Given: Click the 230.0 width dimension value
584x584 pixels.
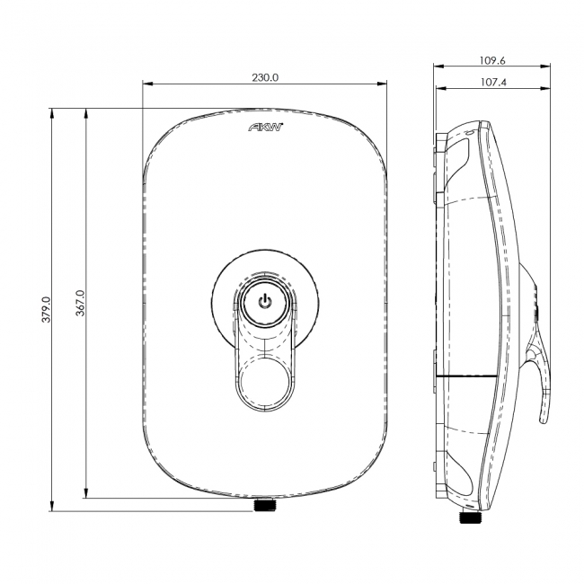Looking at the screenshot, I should tap(265, 78).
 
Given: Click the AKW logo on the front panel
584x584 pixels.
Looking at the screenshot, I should tap(265, 128).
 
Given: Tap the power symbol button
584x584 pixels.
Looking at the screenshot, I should tap(265, 301).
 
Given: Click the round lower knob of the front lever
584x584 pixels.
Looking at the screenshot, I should tap(265, 378).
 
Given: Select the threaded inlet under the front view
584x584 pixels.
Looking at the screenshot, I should tap(264, 506).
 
